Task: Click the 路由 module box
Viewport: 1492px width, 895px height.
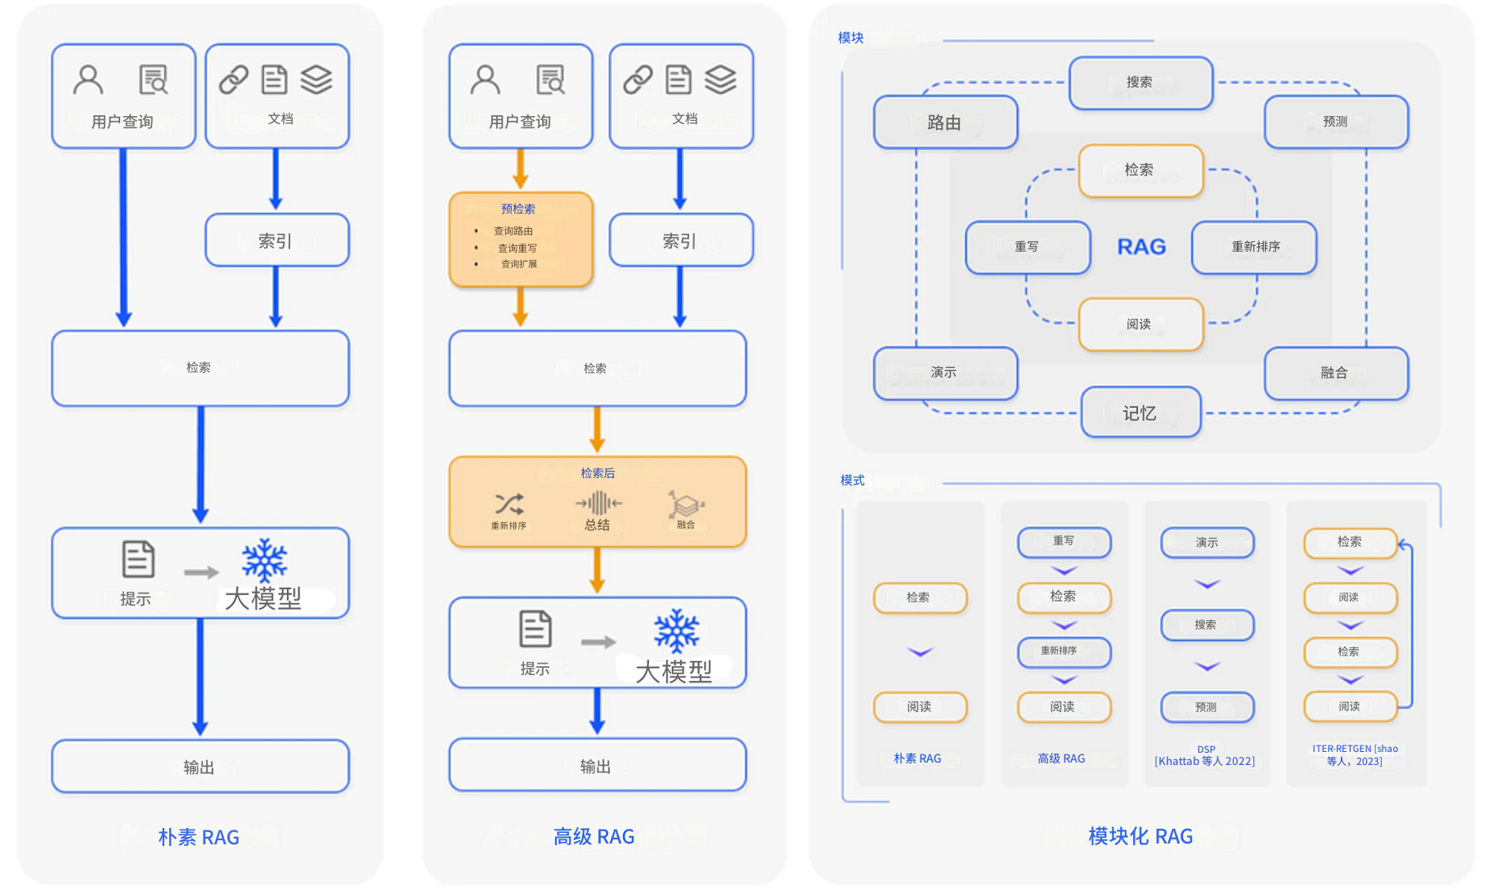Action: pos(945,123)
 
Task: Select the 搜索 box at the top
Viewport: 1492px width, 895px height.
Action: pos(1140,83)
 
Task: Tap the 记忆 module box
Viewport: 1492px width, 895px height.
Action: pos(1140,413)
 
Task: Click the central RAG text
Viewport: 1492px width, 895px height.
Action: pos(1141,247)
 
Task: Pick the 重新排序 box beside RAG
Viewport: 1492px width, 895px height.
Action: pos(1254,247)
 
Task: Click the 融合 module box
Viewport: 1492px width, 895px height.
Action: pos(1335,373)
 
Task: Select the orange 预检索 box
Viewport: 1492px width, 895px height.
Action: pos(520,239)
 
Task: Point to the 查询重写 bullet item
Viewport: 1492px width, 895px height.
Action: pos(517,248)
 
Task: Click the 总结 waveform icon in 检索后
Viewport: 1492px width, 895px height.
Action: pos(598,503)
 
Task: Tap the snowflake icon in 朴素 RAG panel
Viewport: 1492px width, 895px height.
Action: pos(264,560)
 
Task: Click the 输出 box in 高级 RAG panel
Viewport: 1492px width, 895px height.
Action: pos(597,766)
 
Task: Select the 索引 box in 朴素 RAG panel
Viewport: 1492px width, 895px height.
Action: pos(276,240)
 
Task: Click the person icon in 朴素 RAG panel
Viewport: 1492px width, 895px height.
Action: pos(88,80)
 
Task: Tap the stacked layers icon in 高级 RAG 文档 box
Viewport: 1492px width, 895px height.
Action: pos(720,80)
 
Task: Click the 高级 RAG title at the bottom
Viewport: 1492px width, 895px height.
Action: pos(594,836)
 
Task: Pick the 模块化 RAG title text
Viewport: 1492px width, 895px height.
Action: pos(1140,836)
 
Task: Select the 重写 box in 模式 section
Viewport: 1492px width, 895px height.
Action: pos(1064,541)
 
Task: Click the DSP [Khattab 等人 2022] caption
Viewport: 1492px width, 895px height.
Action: pos(1205,756)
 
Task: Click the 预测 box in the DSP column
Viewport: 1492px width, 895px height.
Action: pos(1207,707)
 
